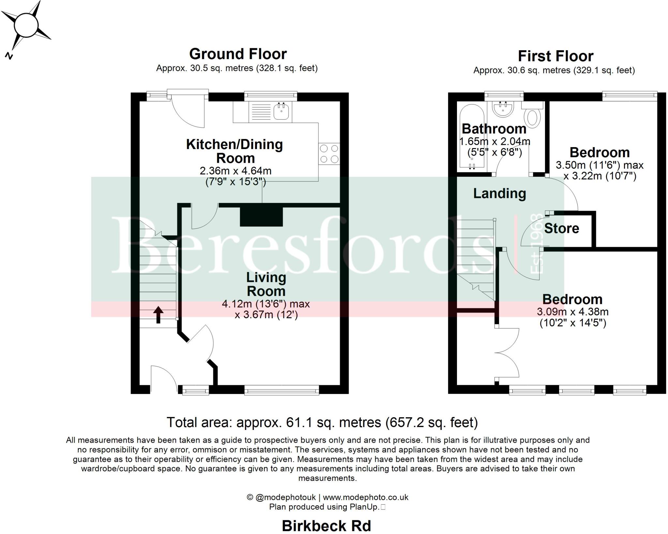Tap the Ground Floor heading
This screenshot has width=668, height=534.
[x=238, y=54]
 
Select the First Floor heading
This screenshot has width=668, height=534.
[x=555, y=56]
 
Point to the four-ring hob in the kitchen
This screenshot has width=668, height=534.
[x=329, y=154]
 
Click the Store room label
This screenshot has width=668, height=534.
[x=561, y=228]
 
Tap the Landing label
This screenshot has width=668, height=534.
[x=499, y=193]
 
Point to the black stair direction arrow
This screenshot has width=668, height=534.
[x=159, y=314]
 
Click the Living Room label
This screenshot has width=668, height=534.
[x=266, y=284]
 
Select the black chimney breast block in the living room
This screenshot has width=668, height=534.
[x=261, y=216]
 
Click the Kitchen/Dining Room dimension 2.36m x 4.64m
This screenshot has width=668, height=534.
[x=235, y=171]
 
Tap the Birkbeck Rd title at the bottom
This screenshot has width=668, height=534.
[x=326, y=526]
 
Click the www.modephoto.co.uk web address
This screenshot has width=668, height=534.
[x=365, y=497]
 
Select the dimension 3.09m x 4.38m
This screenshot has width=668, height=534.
[x=572, y=312]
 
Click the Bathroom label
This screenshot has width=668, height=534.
[x=494, y=129]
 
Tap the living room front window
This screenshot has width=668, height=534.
[x=281, y=390]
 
